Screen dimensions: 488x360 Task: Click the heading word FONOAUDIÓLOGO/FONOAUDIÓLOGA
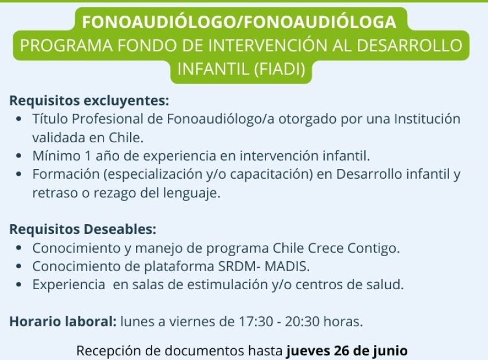(239, 22)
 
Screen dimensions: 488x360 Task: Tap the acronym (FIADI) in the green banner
(279, 69)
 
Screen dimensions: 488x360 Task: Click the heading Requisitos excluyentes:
(89, 101)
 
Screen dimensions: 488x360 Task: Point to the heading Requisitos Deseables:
(82, 229)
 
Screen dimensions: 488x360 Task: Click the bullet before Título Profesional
(19, 119)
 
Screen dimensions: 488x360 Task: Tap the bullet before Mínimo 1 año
(19, 156)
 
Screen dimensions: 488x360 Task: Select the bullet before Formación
(19, 174)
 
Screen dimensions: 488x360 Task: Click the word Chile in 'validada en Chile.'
(126, 138)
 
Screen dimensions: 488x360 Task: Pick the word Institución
(428, 119)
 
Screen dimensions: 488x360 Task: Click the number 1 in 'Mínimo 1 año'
(88, 156)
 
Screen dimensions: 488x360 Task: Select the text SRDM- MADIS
(264, 267)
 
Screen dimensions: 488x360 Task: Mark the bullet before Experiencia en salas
(19, 285)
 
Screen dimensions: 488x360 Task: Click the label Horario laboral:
(63, 321)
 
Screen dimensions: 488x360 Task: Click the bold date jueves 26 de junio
(347, 351)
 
